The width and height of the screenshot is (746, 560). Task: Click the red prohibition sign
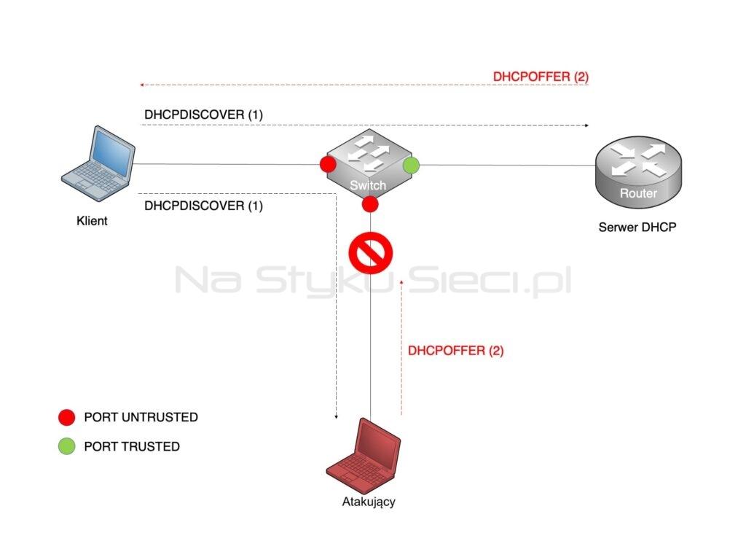(x=371, y=253)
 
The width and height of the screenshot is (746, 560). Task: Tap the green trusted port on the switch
(x=411, y=166)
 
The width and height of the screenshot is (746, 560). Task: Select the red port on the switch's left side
(x=328, y=164)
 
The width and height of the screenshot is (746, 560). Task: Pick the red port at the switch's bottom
(x=369, y=204)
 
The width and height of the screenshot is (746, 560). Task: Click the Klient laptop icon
(x=98, y=163)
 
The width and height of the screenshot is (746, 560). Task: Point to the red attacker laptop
(x=364, y=456)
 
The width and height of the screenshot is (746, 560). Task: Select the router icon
(x=638, y=172)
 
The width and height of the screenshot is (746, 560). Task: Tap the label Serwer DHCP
(x=637, y=227)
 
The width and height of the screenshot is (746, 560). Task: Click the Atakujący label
(x=369, y=502)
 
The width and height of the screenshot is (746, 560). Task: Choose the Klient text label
(x=92, y=221)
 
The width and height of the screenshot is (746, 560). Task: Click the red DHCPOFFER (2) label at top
(x=541, y=77)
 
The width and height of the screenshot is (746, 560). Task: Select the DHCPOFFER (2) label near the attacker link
(x=456, y=351)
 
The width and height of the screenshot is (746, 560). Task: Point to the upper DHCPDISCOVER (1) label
(x=204, y=114)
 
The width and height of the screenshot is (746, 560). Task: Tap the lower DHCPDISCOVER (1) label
(x=204, y=206)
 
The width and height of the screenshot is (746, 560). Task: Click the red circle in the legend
(x=66, y=417)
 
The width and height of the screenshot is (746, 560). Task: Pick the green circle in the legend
(x=66, y=446)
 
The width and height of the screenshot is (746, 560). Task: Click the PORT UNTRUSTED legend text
(x=141, y=417)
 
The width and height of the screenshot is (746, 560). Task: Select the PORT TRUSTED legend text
(x=132, y=447)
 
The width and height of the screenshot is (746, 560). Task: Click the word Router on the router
(x=638, y=193)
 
